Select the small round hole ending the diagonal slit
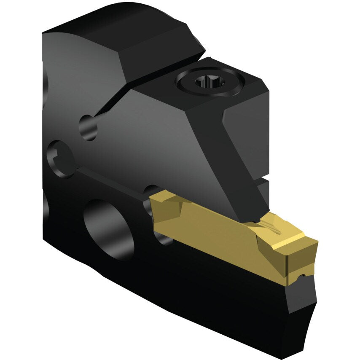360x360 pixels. [x=87, y=127]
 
